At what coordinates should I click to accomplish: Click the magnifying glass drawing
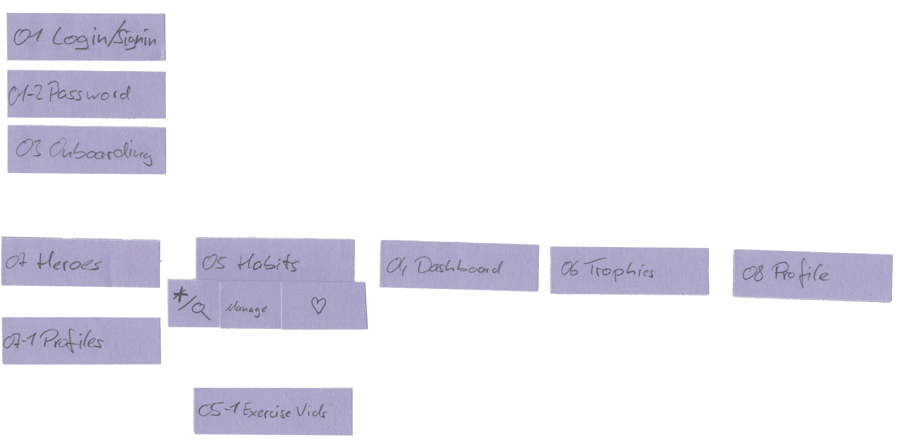(201, 310)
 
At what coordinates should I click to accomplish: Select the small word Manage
(247, 309)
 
